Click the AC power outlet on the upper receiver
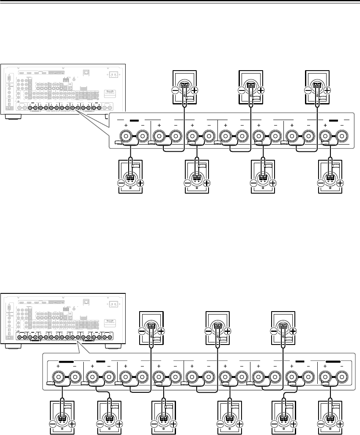pyautogui.click(x=113, y=74)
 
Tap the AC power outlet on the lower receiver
pyautogui.click(x=113, y=304)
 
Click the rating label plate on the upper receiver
pyautogui.click(x=109, y=93)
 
